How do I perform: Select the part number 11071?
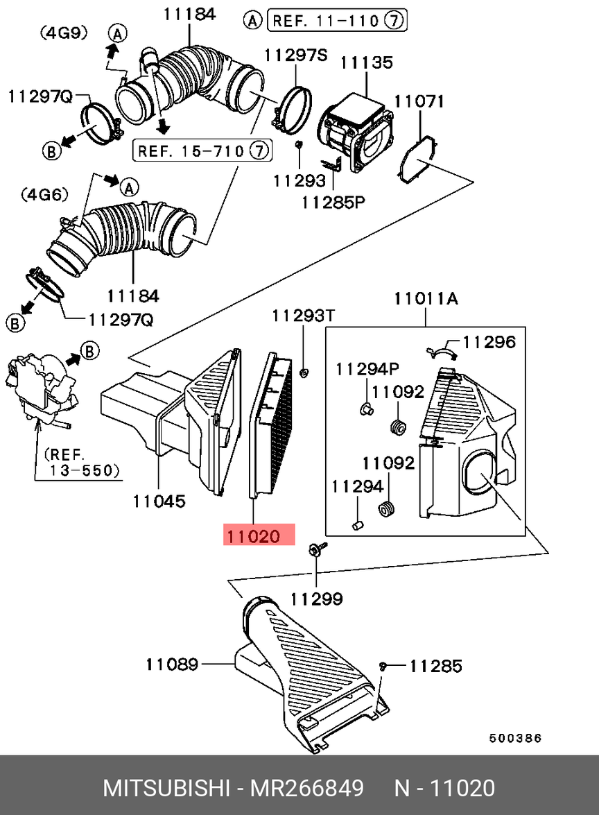pyautogui.click(x=419, y=101)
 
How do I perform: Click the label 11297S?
pyautogui.click(x=296, y=55)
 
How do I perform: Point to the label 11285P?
pyautogui.click(x=333, y=203)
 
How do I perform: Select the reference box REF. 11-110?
pyautogui.click(x=336, y=21)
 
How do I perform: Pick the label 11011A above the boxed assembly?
pyautogui.click(x=426, y=299)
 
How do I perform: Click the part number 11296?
pyautogui.click(x=489, y=341)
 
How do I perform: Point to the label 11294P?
pyautogui.click(x=367, y=368)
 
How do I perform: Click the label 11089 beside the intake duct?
pyautogui.click(x=172, y=664)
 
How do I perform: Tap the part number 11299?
pyautogui.click(x=316, y=598)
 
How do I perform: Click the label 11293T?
pyautogui.click(x=303, y=316)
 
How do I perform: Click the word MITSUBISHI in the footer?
pyautogui.click(x=167, y=788)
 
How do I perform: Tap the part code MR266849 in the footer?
pyautogui.click(x=307, y=788)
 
